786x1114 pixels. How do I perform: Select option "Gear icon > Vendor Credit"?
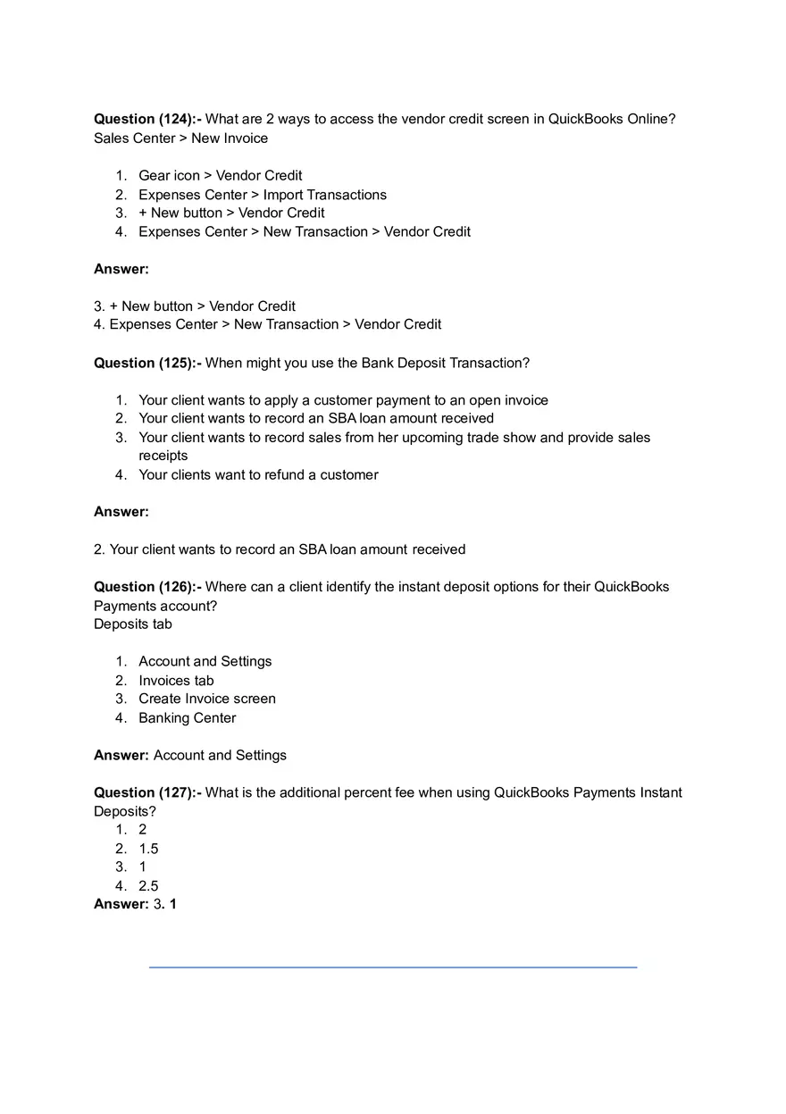[x=220, y=176]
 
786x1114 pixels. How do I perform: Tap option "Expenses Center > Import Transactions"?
[x=263, y=195]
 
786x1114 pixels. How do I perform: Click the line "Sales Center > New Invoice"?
[x=180, y=138]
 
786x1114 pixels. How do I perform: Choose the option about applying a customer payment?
[x=343, y=400]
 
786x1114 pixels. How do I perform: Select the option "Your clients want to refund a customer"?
[x=258, y=475]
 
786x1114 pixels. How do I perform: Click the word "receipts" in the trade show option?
[x=163, y=456]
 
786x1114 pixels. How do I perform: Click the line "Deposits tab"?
[x=133, y=624]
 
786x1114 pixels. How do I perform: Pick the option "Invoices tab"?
[x=176, y=681]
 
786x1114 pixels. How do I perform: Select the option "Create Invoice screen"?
[x=207, y=699]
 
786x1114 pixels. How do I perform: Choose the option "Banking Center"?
[x=187, y=718]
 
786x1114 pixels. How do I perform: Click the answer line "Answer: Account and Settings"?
[x=190, y=756]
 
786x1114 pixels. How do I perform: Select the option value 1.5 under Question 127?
[x=148, y=849]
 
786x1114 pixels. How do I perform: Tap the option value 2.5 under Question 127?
[x=148, y=886]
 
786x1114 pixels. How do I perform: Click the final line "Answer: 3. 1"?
[x=135, y=904]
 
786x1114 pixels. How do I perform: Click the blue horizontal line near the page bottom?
[x=393, y=967]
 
